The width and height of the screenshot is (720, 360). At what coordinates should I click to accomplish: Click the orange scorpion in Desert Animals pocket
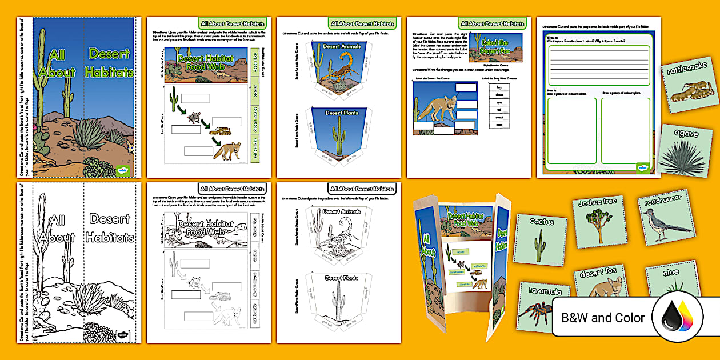coord(342,67)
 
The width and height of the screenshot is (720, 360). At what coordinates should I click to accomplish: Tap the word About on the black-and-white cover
coord(57,238)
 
